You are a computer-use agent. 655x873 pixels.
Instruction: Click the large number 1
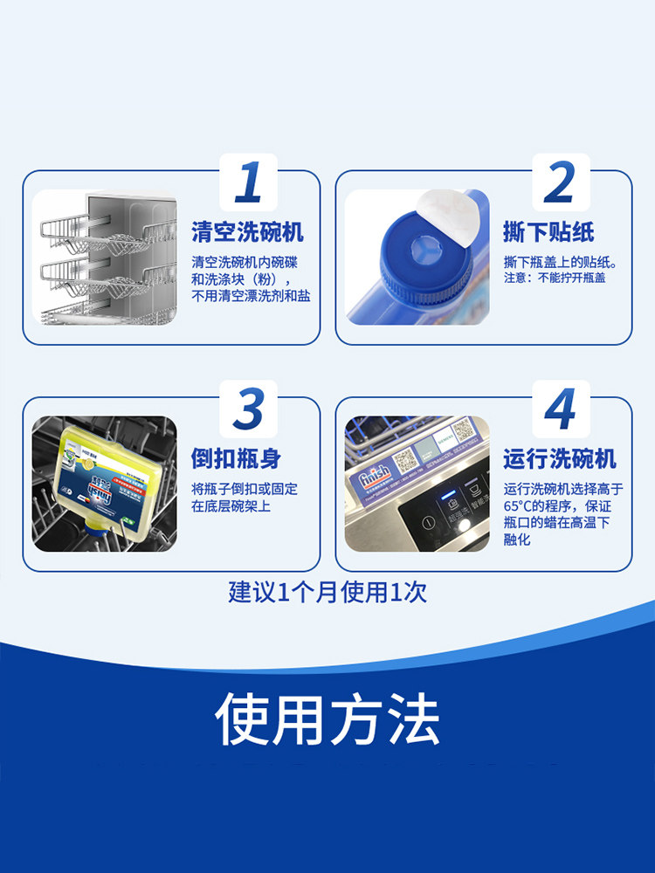tap(249, 182)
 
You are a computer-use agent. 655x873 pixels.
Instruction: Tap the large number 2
tap(560, 182)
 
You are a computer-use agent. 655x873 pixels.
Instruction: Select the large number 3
tap(249, 409)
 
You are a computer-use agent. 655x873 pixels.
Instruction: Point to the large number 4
tap(560, 409)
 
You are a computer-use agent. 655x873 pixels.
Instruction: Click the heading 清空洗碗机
tap(248, 232)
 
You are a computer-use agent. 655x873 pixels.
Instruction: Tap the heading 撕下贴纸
tap(548, 232)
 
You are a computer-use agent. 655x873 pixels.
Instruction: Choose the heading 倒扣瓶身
tap(236, 458)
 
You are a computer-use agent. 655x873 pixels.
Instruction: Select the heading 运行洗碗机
tap(559, 458)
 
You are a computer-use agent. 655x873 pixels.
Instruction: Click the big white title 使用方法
tap(327, 719)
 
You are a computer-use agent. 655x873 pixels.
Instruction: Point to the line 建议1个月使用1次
tap(327, 593)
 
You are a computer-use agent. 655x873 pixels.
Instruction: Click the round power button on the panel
tap(428, 523)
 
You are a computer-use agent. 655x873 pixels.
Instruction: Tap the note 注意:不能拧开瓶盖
tap(554, 278)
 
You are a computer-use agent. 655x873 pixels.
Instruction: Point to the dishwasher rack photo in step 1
tap(105, 258)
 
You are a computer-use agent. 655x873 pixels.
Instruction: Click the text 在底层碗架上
tap(231, 506)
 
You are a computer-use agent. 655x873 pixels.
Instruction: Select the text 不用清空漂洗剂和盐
tap(251, 295)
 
